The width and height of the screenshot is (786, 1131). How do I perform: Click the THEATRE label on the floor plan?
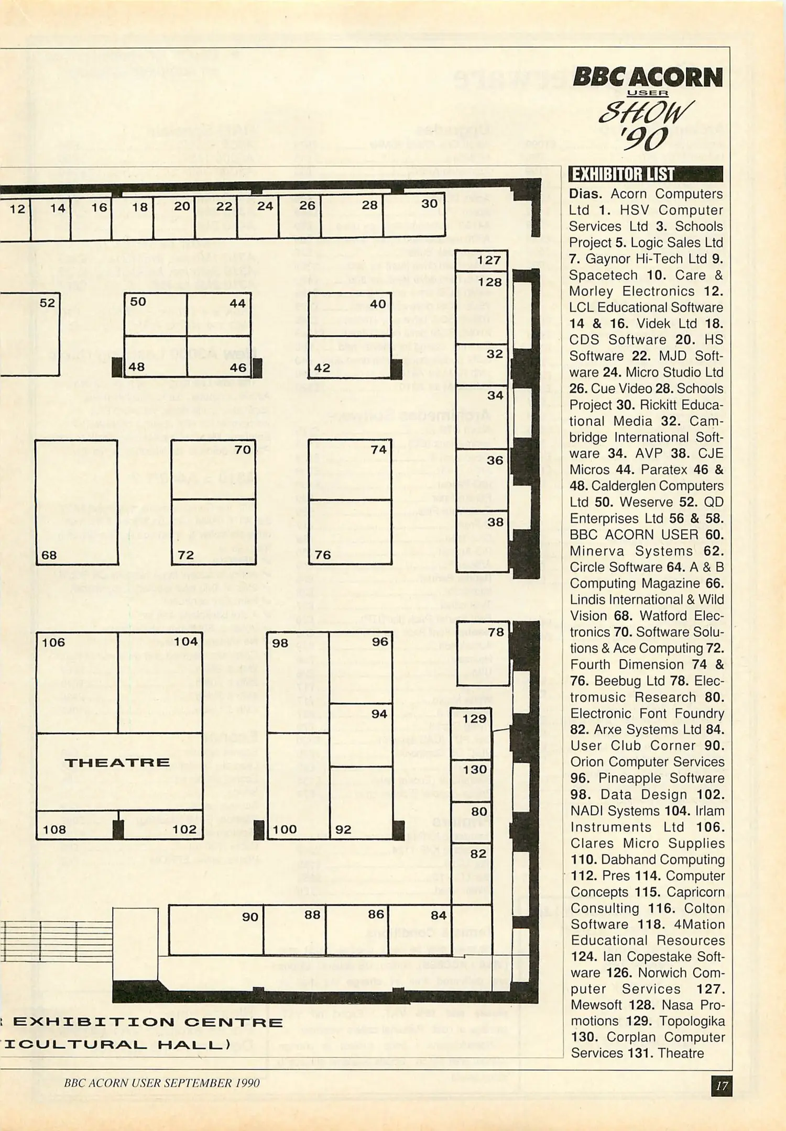[x=117, y=762]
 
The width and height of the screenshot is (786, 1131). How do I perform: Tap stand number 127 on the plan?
[x=488, y=261]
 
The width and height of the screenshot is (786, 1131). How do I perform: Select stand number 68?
[x=49, y=555]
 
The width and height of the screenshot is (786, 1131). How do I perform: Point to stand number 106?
[x=53, y=642]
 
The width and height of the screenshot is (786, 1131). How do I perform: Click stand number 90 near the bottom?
[x=250, y=917]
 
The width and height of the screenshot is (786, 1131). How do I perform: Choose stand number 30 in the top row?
[x=429, y=204]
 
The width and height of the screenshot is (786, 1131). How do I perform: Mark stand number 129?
[x=474, y=718]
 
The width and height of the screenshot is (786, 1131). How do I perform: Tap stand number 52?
[x=47, y=303]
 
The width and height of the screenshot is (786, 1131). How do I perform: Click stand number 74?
[x=378, y=450]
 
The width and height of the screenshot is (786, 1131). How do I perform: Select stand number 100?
[x=285, y=829]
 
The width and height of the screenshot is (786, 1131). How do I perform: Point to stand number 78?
[x=496, y=632]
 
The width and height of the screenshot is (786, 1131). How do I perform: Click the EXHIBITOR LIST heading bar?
[x=646, y=174]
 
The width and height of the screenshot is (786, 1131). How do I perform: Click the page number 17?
[x=722, y=1086]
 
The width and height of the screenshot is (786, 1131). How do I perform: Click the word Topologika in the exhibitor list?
[x=692, y=1021]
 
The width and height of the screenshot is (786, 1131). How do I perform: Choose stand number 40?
[x=377, y=304]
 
